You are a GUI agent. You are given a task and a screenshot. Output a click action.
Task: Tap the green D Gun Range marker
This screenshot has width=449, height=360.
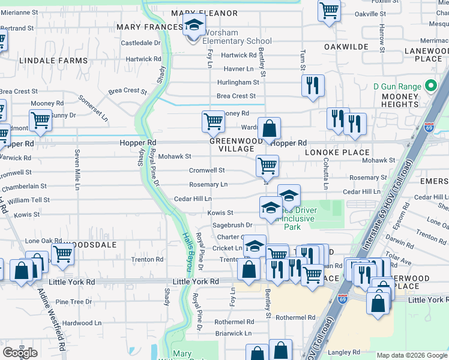(x=430, y=86)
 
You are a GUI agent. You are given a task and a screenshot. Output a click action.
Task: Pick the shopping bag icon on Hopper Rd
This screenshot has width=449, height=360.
(x=270, y=128)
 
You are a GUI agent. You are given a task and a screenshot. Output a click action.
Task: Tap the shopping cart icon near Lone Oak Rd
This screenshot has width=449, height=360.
(x=62, y=254)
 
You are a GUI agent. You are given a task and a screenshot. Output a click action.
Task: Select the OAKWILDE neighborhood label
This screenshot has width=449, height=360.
(x=346, y=46)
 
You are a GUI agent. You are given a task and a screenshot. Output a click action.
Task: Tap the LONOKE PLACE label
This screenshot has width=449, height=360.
(x=345, y=152)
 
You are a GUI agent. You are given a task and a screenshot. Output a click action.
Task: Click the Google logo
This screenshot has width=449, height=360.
(x=20, y=353)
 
